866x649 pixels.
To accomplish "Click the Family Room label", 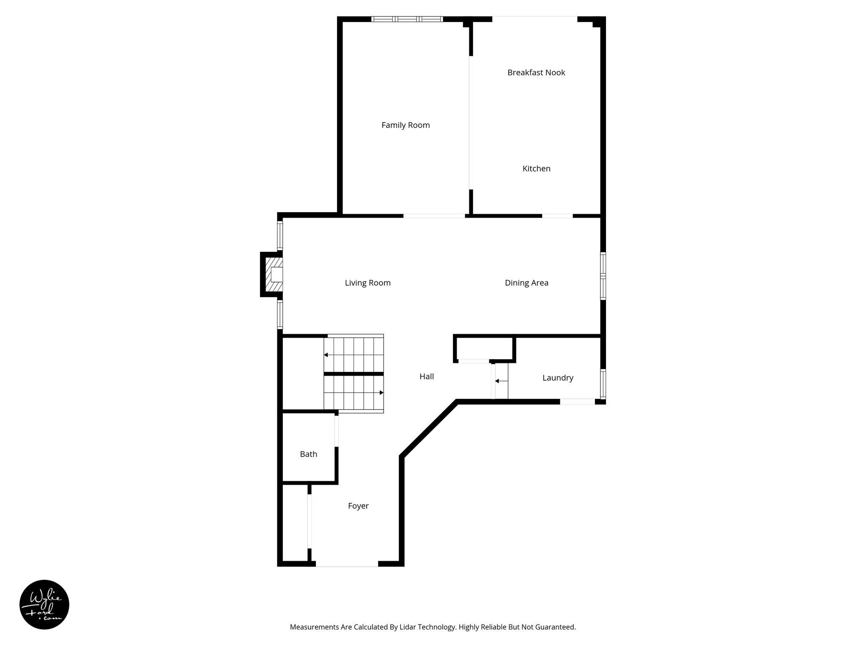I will [406, 125].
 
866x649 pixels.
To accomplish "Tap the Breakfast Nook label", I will [536, 73].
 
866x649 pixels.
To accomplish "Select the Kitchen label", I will [536, 169].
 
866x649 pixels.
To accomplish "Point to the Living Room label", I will [367, 283].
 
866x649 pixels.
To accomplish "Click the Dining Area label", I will [526, 283].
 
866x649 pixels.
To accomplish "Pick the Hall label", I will [427, 376].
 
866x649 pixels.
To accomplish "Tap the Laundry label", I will [558, 378].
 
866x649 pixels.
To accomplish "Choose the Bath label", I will [308, 454].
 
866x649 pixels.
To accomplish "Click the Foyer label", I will [358, 506].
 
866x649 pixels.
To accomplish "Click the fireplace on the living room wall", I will [272, 275].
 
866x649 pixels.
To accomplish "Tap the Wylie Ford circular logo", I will [44, 605].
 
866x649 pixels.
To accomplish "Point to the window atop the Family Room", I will [407, 19].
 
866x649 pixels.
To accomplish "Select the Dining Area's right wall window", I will [603, 276].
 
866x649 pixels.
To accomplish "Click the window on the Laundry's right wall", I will [603, 384].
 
